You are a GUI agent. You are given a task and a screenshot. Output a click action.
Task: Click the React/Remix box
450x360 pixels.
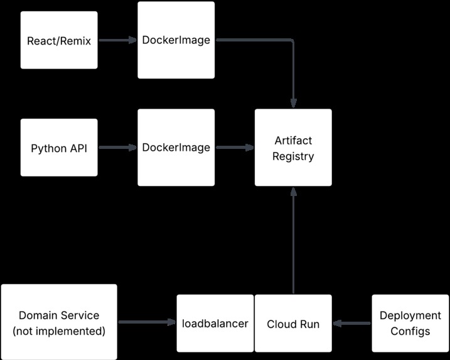tap(59, 41)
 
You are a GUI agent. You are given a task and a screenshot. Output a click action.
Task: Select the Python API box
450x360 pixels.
tap(59, 148)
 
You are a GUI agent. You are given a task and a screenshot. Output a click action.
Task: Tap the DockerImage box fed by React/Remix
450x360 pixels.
tap(176, 41)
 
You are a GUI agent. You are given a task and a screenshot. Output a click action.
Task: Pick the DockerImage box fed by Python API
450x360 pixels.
tap(176, 148)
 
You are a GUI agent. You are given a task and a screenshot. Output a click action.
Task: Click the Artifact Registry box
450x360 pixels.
tap(293, 148)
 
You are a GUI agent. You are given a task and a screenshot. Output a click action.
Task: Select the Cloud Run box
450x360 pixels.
tap(293, 324)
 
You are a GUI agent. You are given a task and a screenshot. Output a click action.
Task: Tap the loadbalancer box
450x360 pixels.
tap(215, 324)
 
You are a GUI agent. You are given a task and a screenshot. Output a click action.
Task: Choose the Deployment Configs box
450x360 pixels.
tap(410, 324)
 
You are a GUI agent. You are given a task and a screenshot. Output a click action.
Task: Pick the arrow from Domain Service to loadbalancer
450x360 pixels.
tap(146, 323)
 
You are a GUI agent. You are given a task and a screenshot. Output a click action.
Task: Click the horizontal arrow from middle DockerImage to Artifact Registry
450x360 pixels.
tap(233, 148)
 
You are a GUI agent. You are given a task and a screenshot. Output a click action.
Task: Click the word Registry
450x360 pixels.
tap(293, 156)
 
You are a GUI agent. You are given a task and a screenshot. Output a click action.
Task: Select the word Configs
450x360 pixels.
tap(410, 332)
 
